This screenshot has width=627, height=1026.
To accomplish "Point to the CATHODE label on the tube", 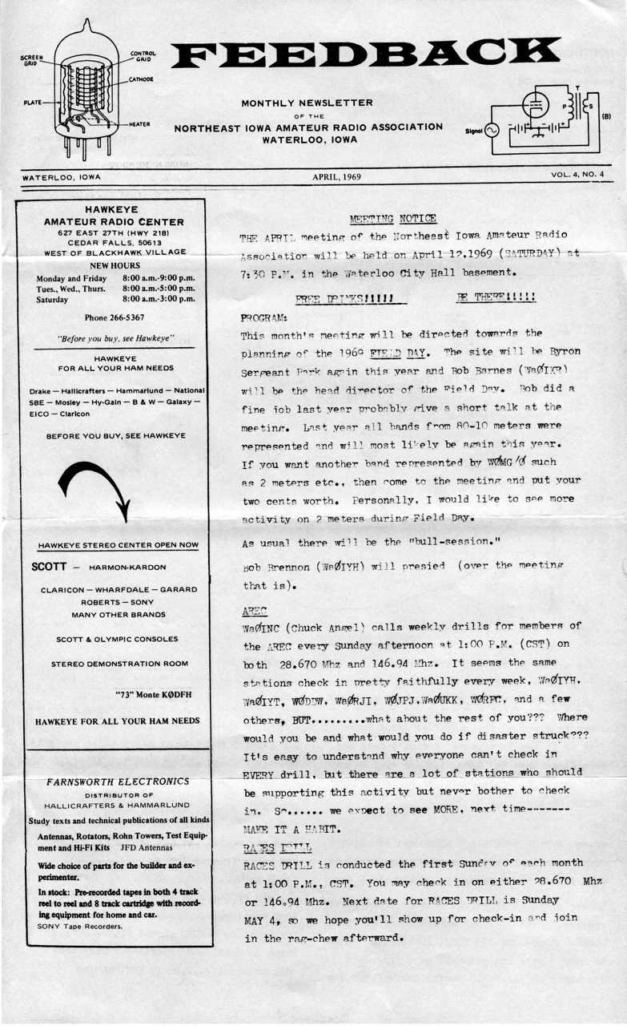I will click(x=141, y=80).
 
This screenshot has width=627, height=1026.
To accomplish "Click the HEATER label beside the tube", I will click(x=140, y=124).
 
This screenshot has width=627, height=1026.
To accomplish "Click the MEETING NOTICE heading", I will click(x=393, y=219).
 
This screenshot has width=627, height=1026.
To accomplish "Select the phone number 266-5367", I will click(x=114, y=317).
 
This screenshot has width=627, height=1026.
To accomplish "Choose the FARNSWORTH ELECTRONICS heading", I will click(x=117, y=782).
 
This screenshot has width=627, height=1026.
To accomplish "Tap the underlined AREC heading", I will click(x=255, y=610).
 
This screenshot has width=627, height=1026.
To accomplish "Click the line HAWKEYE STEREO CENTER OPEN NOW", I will click(x=118, y=546).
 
